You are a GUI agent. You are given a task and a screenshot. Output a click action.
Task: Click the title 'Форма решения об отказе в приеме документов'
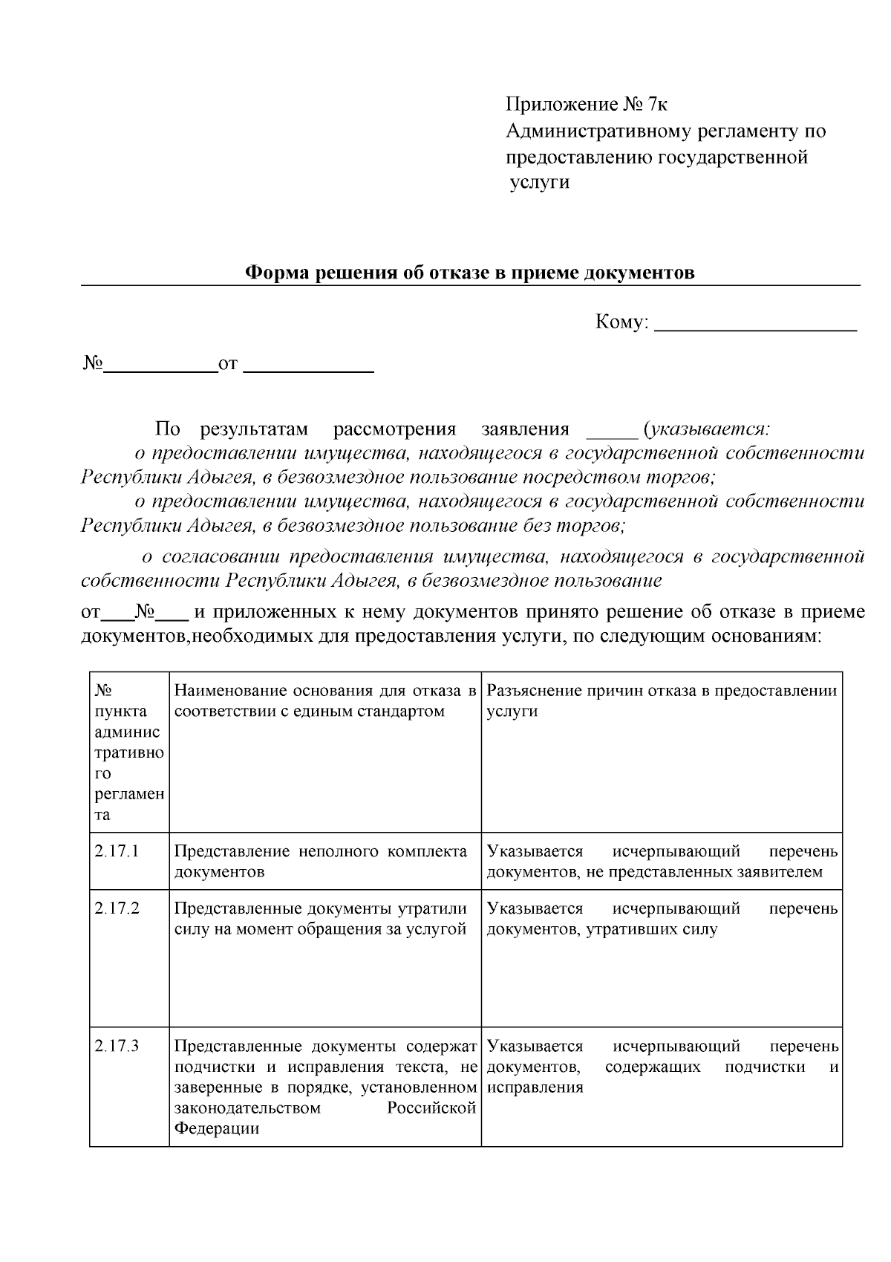pos(470,273)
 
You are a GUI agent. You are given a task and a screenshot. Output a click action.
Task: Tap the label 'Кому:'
pos(622,322)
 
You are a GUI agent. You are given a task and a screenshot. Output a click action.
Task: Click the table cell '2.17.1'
pos(117,851)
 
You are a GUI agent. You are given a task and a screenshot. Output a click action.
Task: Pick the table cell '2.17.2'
pos(117,908)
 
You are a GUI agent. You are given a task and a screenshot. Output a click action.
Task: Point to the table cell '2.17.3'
pos(117,1047)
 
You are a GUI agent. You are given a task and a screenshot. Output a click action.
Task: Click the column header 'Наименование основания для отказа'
pos(324,700)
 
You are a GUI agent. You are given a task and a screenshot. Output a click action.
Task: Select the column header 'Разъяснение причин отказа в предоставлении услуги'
pos(662,700)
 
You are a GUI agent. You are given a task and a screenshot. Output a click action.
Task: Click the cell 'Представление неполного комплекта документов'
pos(321,861)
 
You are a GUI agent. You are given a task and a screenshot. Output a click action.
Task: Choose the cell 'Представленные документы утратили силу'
pos(321,919)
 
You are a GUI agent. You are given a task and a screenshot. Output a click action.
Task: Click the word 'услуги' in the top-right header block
pos(540,182)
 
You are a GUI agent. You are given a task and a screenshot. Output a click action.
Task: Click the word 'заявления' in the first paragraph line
pos(525,429)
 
